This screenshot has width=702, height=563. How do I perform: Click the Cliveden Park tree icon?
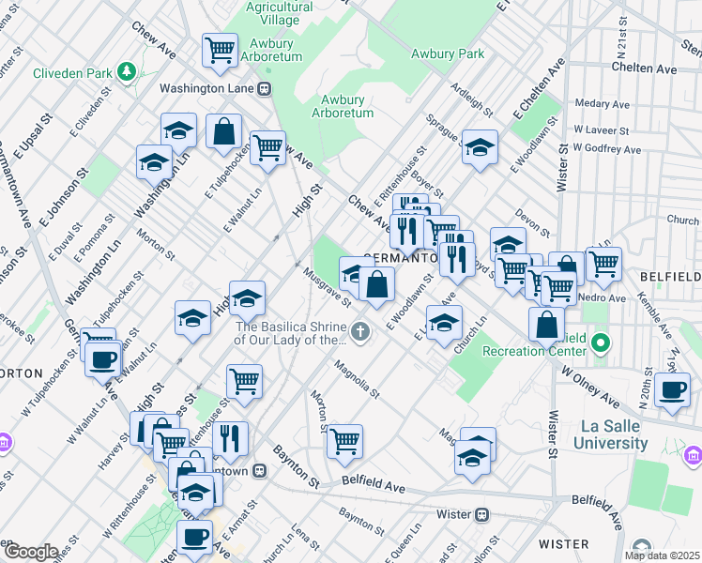tap(125, 72)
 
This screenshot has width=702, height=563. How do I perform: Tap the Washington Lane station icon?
tap(266, 89)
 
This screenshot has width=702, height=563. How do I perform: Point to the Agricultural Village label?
tap(279, 12)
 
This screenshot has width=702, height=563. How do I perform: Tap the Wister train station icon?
tap(482, 514)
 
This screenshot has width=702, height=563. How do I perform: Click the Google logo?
tap(30, 552)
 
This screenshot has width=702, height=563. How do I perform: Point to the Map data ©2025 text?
tap(663, 555)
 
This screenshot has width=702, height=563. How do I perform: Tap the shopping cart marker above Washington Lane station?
tap(220, 49)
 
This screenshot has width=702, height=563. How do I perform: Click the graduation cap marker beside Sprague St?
tap(480, 146)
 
